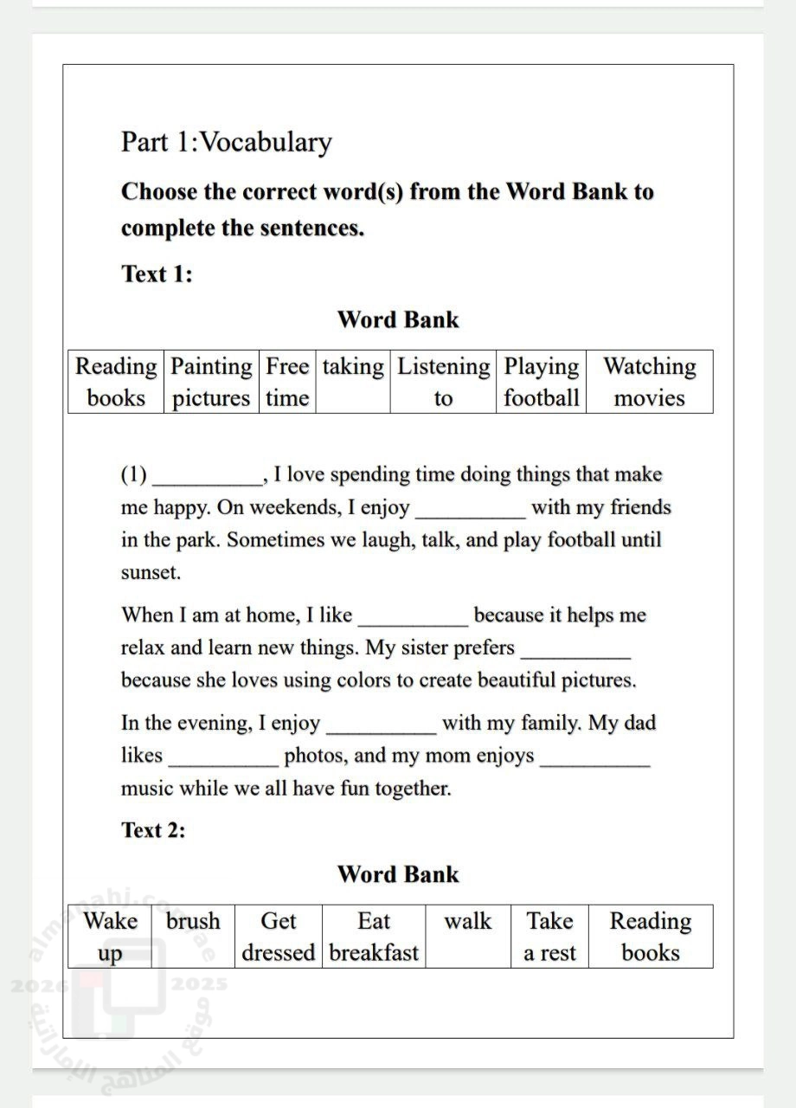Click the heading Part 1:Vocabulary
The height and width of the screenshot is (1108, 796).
(226, 143)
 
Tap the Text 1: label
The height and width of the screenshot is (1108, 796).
(157, 274)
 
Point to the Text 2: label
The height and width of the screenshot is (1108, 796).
(153, 830)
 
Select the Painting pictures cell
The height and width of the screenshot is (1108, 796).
(211, 382)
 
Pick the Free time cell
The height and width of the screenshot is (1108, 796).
(287, 382)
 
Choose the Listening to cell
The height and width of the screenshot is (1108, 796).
(443, 382)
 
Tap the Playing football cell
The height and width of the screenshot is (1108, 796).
(542, 382)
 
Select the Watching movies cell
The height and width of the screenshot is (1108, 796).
(649, 382)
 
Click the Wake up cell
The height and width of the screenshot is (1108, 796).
(110, 937)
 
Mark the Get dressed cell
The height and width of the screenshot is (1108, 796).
(278, 937)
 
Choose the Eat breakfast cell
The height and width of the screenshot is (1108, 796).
(374, 937)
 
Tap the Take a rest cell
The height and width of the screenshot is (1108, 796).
(549, 937)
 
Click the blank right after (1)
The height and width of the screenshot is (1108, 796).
(208, 479)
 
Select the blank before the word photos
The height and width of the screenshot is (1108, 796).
(224, 760)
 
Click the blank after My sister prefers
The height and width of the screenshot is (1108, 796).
(575, 652)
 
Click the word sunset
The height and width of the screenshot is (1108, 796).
(150, 573)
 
